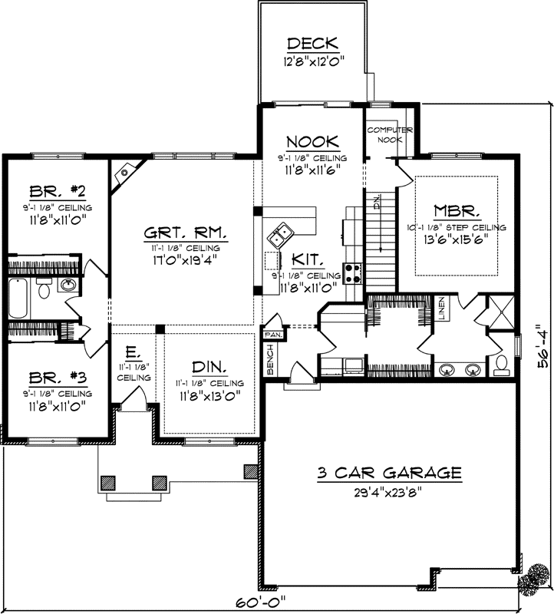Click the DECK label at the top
click(x=312, y=43)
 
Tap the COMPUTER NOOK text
click(x=390, y=135)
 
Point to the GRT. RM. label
click(x=183, y=232)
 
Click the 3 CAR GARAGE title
click(x=388, y=473)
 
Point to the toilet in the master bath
click(x=500, y=363)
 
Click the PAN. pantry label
click(x=272, y=335)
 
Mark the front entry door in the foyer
click(x=134, y=398)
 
